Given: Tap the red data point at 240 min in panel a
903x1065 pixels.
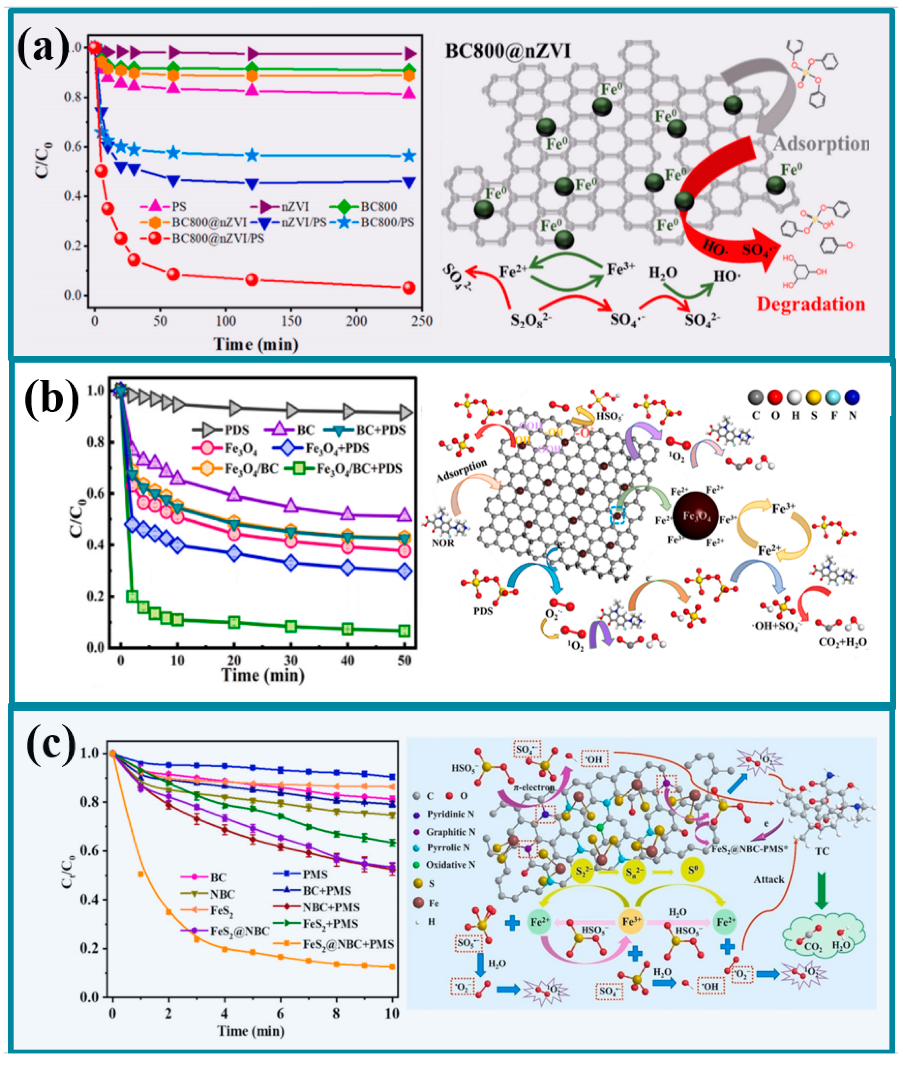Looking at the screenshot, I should [x=409, y=288].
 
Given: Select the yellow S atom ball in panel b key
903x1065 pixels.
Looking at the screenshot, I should [x=813, y=397].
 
